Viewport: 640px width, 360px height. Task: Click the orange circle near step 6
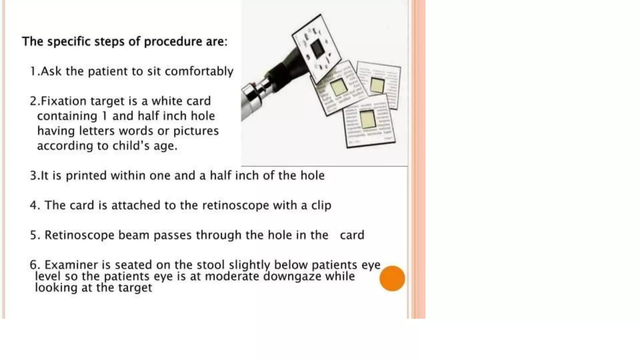[392, 278]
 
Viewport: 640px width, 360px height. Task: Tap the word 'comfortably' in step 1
[199, 72]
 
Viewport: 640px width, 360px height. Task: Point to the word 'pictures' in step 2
[196, 131]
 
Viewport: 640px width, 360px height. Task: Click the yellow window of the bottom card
[367, 119]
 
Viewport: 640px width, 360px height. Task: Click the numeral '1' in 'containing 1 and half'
[105, 116]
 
